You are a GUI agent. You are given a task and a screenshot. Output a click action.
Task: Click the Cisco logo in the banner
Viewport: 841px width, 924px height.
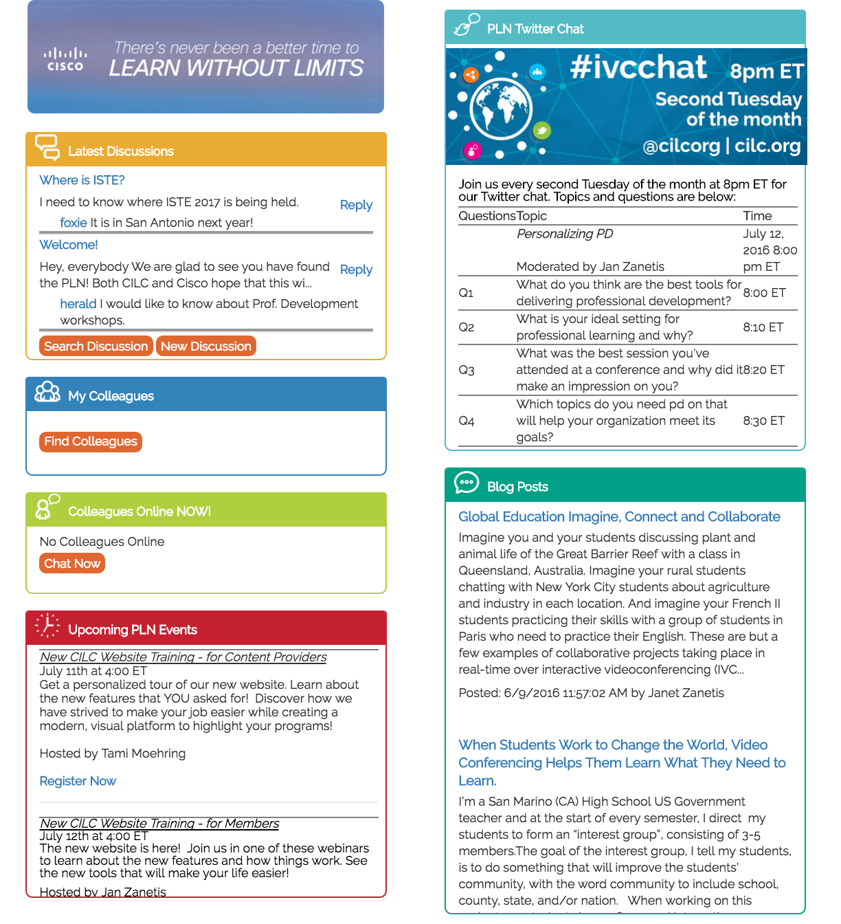click(x=65, y=59)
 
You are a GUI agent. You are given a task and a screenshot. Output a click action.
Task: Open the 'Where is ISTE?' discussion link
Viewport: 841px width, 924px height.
click(x=82, y=180)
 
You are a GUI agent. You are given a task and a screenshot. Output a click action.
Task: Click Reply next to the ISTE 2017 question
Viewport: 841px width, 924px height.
click(x=356, y=205)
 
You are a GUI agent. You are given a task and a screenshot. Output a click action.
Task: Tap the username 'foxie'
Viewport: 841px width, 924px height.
click(x=74, y=223)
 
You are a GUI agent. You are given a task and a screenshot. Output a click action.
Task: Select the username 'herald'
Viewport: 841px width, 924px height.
click(x=78, y=304)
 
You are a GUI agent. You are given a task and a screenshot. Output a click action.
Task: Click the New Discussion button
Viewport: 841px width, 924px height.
click(x=206, y=346)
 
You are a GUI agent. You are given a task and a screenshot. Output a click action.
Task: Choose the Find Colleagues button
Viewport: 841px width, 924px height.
click(x=91, y=441)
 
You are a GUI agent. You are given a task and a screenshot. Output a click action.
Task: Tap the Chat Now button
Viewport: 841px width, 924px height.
click(x=72, y=564)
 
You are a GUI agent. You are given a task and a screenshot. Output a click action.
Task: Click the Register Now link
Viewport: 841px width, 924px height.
click(x=78, y=781)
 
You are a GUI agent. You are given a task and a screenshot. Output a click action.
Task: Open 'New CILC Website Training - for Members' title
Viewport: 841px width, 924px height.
click(x=159, y=824)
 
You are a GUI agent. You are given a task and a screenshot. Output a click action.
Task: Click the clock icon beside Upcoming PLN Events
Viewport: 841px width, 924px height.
click(x=47, y=626)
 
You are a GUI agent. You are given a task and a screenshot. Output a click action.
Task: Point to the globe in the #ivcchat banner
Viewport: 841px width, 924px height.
click(x=501, y=109)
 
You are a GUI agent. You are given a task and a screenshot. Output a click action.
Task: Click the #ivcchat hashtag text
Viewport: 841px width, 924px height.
click(x=638, y=67)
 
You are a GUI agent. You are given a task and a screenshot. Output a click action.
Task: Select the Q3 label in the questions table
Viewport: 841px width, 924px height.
click(x=467, y=370)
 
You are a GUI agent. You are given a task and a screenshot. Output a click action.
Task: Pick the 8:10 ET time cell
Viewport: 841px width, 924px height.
click(x=763, y=327)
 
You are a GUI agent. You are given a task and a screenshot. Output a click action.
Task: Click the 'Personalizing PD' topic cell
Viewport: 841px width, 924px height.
click(x=565, y=234)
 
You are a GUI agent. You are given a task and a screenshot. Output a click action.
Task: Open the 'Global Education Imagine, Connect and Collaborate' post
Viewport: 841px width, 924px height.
click(x=619, y=517)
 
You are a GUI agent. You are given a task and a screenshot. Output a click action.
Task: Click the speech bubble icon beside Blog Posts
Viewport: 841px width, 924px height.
click(x=467, y=483)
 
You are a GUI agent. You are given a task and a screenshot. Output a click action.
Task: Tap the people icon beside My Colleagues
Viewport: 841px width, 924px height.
click(x=47, y=392)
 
